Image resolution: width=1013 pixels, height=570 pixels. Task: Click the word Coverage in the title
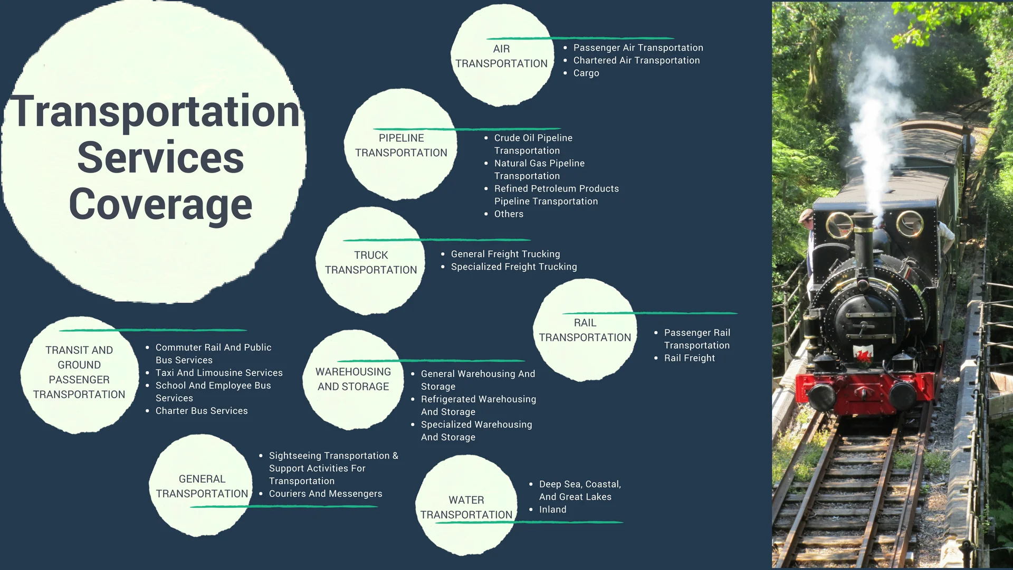[x=160, y=205]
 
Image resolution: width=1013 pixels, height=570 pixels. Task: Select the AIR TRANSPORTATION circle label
[x=501, y=56]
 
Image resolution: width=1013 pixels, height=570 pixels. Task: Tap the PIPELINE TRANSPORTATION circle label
[x=401, y=146]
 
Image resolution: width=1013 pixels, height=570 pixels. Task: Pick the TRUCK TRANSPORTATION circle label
[x=371, y=263]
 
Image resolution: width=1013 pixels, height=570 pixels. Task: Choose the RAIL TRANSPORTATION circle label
[x=585, y=330]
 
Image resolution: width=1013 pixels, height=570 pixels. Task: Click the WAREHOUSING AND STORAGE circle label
[x=353, y=379]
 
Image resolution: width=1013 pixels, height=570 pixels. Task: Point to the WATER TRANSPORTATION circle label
[x=466, y=508]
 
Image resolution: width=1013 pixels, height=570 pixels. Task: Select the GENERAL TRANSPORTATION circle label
[x=202, y=487]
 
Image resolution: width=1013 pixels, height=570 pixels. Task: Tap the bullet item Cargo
[x=586, y=73]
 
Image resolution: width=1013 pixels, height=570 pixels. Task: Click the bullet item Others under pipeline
[x=509, y=214]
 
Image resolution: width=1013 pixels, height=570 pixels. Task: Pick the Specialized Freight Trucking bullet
[x=514, y=267]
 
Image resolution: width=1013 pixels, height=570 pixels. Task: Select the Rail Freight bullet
[x=690, y=358]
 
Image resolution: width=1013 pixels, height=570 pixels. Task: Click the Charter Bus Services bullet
[x=202, y=411]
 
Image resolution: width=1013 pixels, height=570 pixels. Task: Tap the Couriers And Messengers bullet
[x=326, y=494]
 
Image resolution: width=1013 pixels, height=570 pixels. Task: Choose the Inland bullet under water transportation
[x=552, y=510]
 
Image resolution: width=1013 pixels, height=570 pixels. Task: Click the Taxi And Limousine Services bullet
[x=219, y=373]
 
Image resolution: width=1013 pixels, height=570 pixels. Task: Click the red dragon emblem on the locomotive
[x=863, y=353]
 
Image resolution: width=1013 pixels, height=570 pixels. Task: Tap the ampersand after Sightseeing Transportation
[x=395, y=456]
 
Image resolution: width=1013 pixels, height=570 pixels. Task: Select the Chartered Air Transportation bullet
[x=636, y=61]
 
